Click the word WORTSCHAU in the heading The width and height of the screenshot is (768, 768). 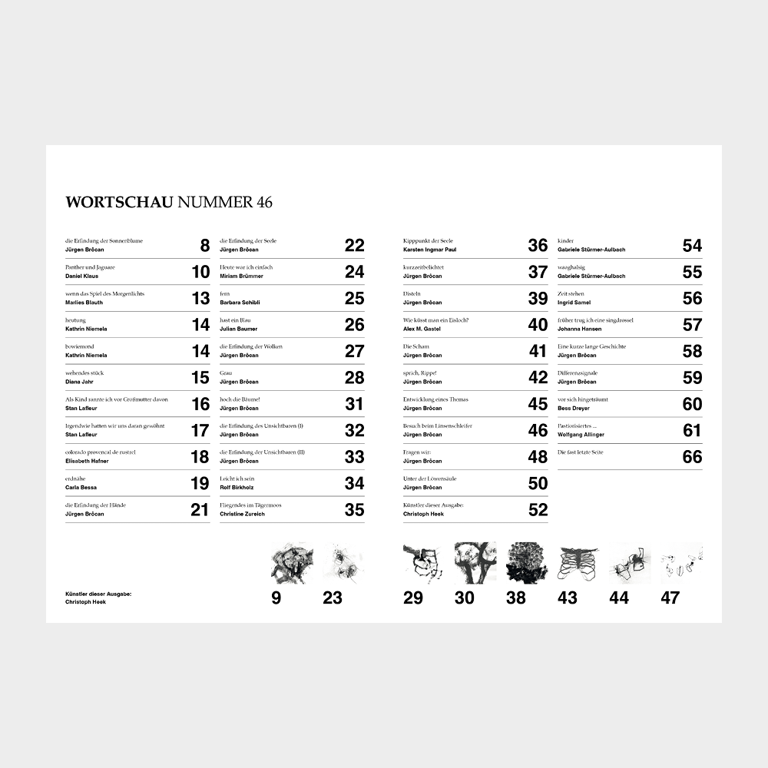click(119, 203)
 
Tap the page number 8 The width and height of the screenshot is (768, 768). click(204, 246)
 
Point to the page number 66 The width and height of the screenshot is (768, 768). click(692, 457)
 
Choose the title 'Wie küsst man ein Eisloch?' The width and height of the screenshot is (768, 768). click(435, 320)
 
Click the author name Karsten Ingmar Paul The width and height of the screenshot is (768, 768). click(429, 250)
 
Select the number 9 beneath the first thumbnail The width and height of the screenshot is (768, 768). click(276, 598)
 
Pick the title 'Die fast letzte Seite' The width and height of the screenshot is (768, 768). click(581, 452)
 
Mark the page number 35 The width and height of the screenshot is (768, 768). click(354, 510)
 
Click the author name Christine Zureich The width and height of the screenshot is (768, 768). click(243, 514)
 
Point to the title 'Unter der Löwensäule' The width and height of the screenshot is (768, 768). click(430, 478)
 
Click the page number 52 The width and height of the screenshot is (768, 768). click(538, 510)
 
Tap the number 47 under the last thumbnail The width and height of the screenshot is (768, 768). click(670, 598)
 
